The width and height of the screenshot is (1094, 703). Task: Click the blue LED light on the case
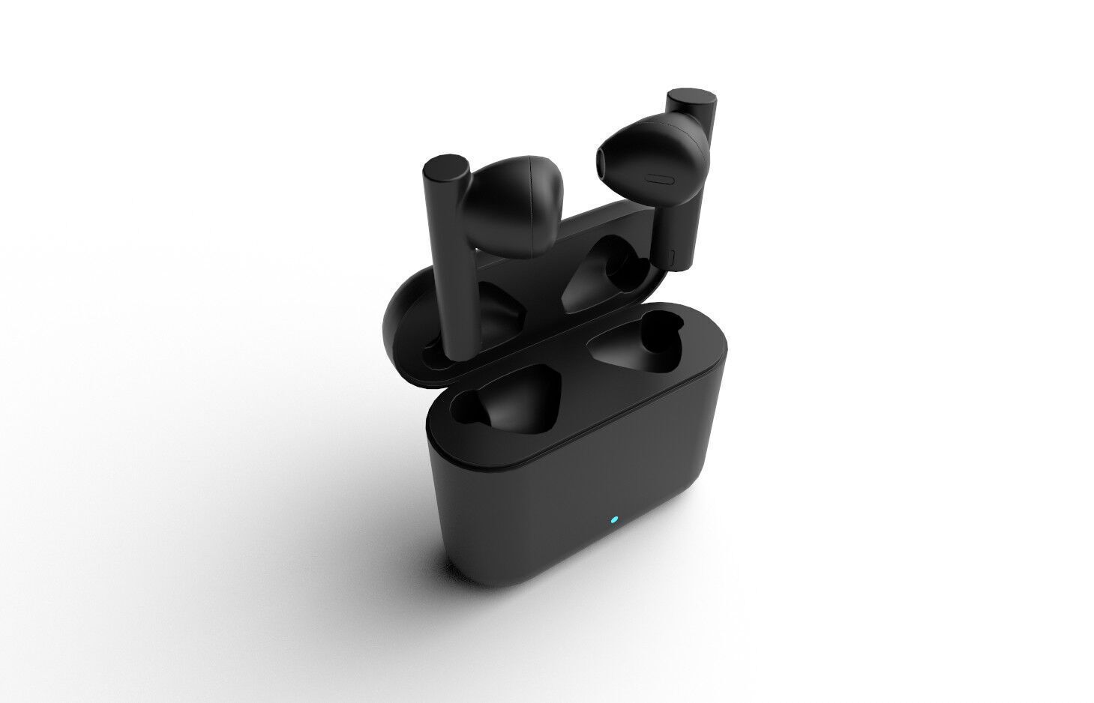pos(613,519)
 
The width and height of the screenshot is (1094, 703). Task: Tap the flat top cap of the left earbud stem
pos(447,165)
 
